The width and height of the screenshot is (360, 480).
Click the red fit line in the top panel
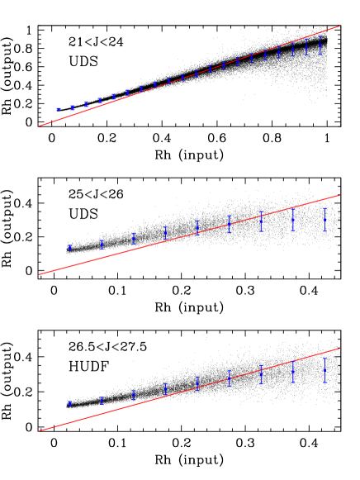point(190,76)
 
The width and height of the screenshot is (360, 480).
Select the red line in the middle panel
point(190,235)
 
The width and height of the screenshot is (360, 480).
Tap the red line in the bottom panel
point(190,389)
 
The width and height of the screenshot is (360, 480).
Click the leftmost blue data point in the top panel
point(58,109)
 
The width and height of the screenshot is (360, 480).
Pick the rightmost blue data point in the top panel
point(320,45)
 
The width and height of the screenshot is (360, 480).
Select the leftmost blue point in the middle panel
point(70,247)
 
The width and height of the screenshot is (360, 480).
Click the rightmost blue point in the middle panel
point(324,220)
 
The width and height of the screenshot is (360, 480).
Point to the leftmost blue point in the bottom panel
point(70,403)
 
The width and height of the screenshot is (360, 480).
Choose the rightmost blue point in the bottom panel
point(324,371)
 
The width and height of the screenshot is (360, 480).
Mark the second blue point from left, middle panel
point(102,244)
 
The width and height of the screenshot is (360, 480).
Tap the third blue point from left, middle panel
point(134,238)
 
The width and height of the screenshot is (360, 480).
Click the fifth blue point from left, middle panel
point(197,226)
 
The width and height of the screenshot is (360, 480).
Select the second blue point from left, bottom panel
point(102,400)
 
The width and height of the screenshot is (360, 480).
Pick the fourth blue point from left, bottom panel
point(166,388)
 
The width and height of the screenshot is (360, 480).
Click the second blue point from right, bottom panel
point(293,372)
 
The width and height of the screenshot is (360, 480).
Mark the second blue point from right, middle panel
point(293,220)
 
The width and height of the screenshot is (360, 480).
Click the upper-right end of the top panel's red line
point(340,26)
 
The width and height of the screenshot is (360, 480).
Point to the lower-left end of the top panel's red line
point(39,126)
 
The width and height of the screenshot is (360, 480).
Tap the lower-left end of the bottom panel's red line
point(39,430)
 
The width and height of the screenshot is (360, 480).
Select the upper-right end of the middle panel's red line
point(340,195)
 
